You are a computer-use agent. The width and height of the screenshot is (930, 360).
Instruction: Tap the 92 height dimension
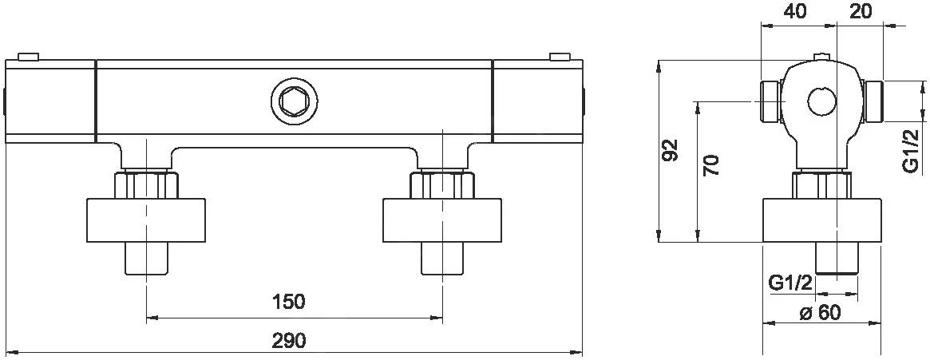click(670, 149)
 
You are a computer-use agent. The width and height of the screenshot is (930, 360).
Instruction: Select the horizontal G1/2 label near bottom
click(790, 283)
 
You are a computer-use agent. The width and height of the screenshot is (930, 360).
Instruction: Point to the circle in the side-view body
click(821, 101)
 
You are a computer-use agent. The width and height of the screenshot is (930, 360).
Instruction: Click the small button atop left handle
click(28, 56)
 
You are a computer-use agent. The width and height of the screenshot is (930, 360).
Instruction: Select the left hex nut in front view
click(146, 185)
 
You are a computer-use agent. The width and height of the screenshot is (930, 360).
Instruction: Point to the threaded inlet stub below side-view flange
click(836, 257)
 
